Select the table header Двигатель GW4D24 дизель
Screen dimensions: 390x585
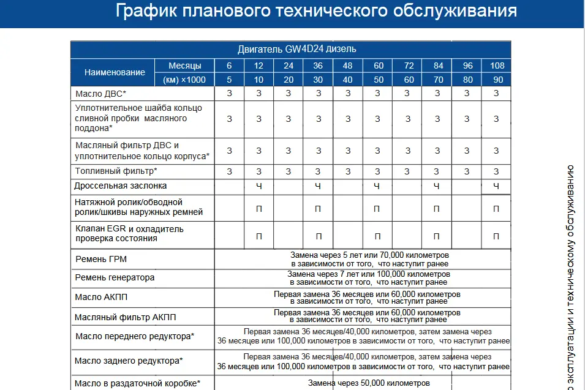pos(296,49)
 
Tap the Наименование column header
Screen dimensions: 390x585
pos(115,72)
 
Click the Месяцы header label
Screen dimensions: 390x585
pos(187,66)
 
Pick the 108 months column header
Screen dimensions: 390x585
pos(497,66)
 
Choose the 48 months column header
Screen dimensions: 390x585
pos(347,66)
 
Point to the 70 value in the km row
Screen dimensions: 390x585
pos(437,80)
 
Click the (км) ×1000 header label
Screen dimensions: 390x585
pos(184,80)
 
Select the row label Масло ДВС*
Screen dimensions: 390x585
pos(101,94)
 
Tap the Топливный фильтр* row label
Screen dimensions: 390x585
pos(116,171)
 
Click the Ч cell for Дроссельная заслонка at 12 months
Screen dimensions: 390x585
pos(259,186)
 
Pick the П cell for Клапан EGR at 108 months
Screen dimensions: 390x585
pos(496,236)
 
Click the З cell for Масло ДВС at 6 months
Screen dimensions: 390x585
pos(229,94)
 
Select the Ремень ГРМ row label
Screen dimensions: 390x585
pos(101,260)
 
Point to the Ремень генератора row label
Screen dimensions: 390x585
pos(115,278)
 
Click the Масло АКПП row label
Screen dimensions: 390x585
pos(101,298)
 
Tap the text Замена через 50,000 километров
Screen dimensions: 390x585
pos(369,383)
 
